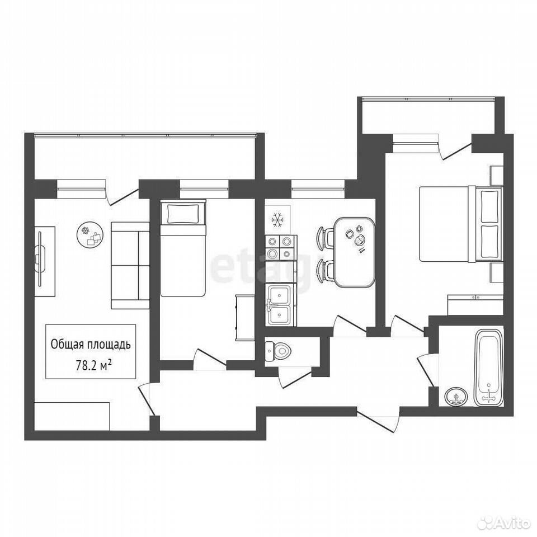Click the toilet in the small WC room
(278, 351)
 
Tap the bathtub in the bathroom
(489, 368)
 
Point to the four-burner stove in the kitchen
(280, 248)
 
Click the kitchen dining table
(355, 253)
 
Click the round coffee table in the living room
(90, 234)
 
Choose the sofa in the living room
(130, 265)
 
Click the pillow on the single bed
(182, 213)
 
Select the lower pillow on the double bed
(489, 242)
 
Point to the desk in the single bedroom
(244, 318)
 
